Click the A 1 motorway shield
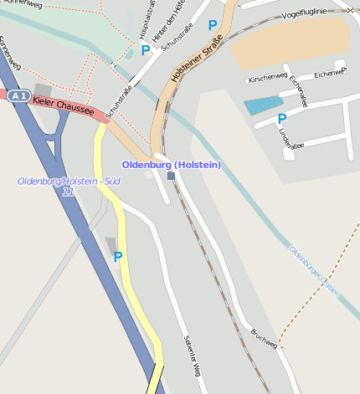pyautogui.click(x=18, y=96)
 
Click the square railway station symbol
pyautogui.click(x=171, y=176)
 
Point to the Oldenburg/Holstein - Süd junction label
pyautogui.click(x=69, y=182)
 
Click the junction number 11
pyautogui.click(x=68, y=192)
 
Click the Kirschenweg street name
pyautogui.click(x=268, y=78)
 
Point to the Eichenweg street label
pyautogui.click(x=328, y=74)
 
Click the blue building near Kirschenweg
pyautogui.click(x=263, y=105)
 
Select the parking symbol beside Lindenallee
pyautogui.click(x=281, y=120)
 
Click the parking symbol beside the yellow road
pyautogui.click(x=117, y=257)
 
